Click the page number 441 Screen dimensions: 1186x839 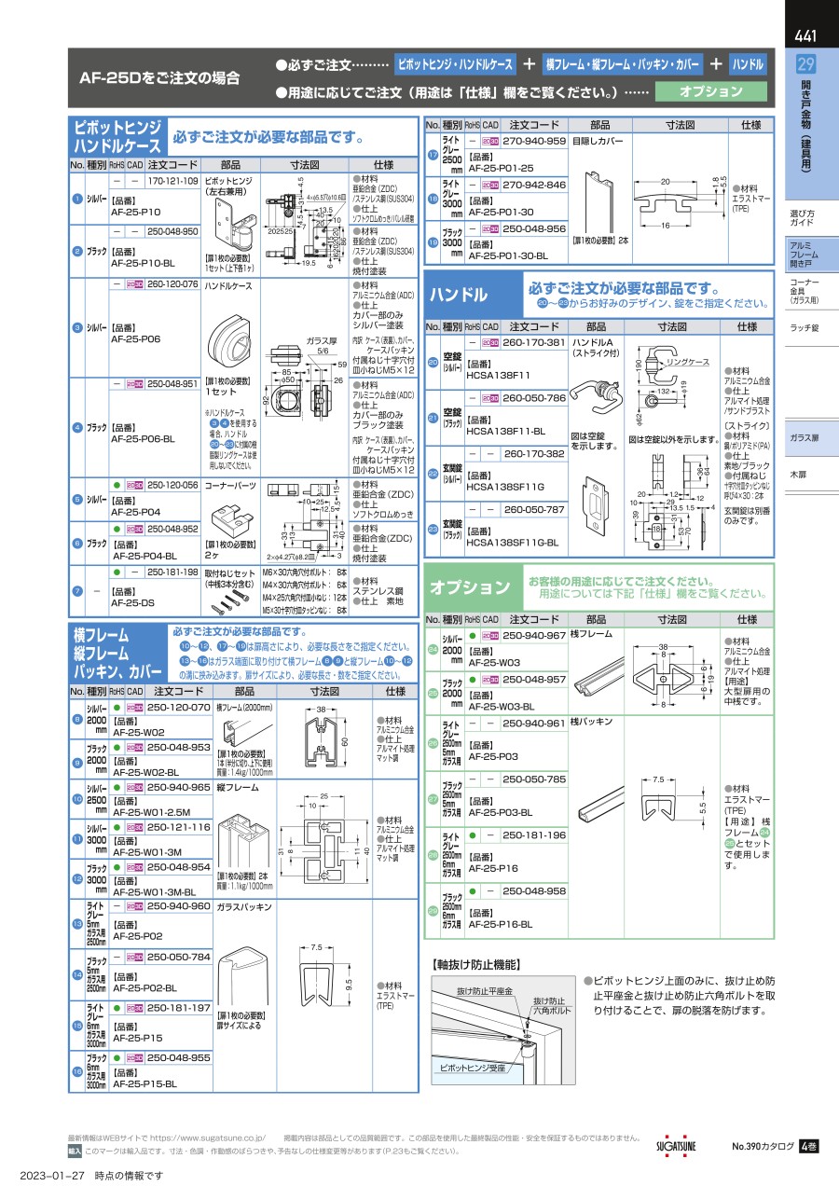(x=806, y=37)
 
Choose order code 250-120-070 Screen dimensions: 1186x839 (x=179, y=708)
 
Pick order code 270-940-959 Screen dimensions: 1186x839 (x=534, y=141)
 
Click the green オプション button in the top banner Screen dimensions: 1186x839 (x=711, y=91)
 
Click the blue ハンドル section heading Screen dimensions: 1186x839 (x=458, y=296)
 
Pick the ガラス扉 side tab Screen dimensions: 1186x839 (x=804, y=437)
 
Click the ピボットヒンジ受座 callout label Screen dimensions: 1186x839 (x=472, y=1066)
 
